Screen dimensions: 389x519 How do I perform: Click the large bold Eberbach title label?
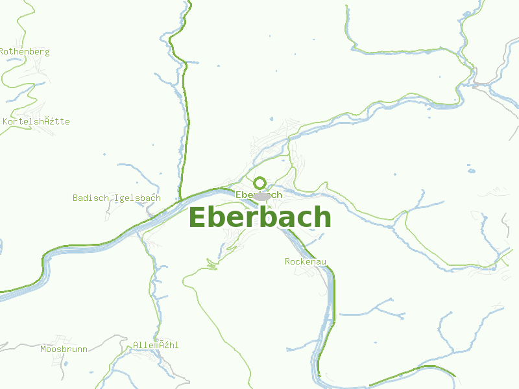pos(259,218)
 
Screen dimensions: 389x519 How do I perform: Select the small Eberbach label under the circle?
pos(259,194)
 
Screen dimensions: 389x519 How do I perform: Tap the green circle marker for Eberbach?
pos(259,183)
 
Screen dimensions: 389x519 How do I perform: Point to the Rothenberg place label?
pos(25,51)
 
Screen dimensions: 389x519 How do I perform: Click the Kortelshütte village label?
pos(36,121)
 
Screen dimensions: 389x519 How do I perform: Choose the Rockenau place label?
pos(305,261)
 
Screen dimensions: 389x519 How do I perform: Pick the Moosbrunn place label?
pos(64,349)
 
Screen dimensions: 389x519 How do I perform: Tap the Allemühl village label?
pos(156,345)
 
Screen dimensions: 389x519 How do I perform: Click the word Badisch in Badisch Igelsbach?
pos(91,198)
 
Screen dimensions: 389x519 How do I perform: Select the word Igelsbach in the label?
pos(137,198)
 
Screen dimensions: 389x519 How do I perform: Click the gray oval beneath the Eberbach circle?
pos(262,196)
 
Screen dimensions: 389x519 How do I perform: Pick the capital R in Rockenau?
pos(287,261)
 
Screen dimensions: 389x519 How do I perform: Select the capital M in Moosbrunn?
pos(43,349)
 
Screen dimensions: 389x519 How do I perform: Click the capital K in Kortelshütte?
pos(6,121)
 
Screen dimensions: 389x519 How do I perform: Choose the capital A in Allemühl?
pos(136,345)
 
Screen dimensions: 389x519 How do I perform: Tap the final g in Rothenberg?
pos(47,52)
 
